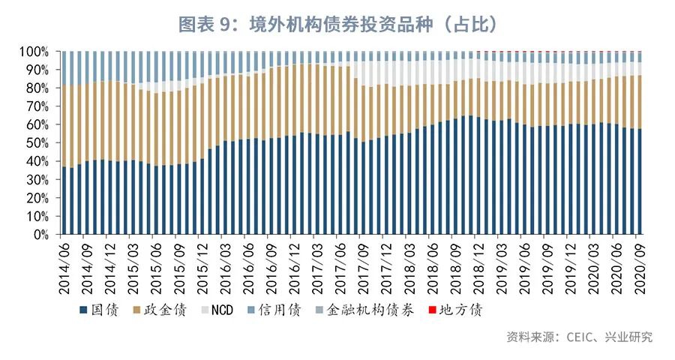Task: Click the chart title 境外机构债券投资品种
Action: tap(337, 24)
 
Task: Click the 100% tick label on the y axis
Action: tap(34, 52)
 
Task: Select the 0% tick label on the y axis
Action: tap(40, 235)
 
